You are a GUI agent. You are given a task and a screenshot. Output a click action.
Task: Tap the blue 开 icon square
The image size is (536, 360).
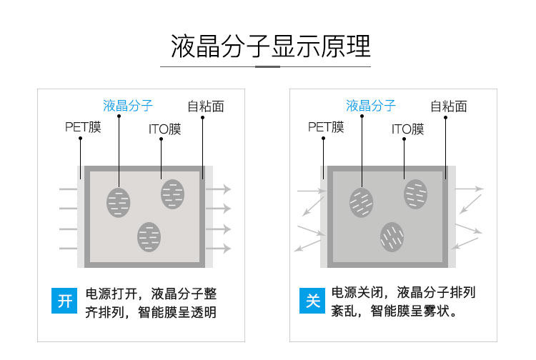click(x=65, y=301)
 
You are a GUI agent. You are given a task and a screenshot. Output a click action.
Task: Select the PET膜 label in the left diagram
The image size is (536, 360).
click(x=83, y=128)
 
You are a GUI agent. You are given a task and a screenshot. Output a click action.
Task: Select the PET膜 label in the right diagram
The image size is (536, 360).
click(x=326, y=128)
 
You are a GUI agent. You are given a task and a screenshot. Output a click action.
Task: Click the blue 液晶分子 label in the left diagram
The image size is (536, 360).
click(x=128, y=106)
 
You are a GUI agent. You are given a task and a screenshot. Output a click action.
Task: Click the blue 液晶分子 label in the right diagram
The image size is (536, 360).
click(x=371, y=106)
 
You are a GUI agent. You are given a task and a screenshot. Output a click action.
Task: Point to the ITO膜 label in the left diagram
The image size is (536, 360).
click(x=164, y=129)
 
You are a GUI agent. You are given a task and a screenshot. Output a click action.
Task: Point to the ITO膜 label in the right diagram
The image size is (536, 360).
click(x=407, y=129)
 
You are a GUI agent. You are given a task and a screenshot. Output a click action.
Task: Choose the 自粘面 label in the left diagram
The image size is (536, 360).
click(x=206, y=106)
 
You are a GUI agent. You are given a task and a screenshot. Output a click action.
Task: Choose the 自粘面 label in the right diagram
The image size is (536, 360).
click(x=449, y=106)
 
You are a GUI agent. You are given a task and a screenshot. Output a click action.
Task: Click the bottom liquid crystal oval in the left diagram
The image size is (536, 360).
click(x=149, y=236)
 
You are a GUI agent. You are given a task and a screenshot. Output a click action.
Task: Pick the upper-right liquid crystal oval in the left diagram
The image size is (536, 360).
click(x=173, y=194)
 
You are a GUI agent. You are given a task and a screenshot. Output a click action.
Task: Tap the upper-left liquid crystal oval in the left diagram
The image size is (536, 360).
click(x=119, y=203)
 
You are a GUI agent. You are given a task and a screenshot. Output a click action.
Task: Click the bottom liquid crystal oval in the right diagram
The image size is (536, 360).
click(x=392, y=236)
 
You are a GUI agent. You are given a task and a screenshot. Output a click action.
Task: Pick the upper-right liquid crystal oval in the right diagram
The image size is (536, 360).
click(x=416, y=194)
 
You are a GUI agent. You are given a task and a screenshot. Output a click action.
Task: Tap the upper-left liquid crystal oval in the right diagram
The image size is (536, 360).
click(x=362, y=203)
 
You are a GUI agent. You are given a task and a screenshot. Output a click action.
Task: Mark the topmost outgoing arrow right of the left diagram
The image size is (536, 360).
click(x=219, y=189)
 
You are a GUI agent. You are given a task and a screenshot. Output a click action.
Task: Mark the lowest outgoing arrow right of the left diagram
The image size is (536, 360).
click(x=219, y=249)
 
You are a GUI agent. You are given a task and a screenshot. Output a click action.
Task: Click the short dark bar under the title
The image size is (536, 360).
click(x=268, y=66)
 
